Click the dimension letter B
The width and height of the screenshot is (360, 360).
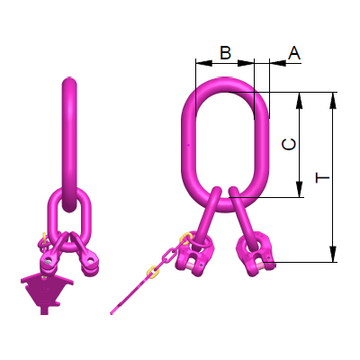coord(225,54)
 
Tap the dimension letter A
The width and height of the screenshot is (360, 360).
coord(293,54)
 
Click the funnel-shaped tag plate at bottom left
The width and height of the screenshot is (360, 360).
coord(41,291)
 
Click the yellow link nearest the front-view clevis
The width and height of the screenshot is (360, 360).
coord(184,240)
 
